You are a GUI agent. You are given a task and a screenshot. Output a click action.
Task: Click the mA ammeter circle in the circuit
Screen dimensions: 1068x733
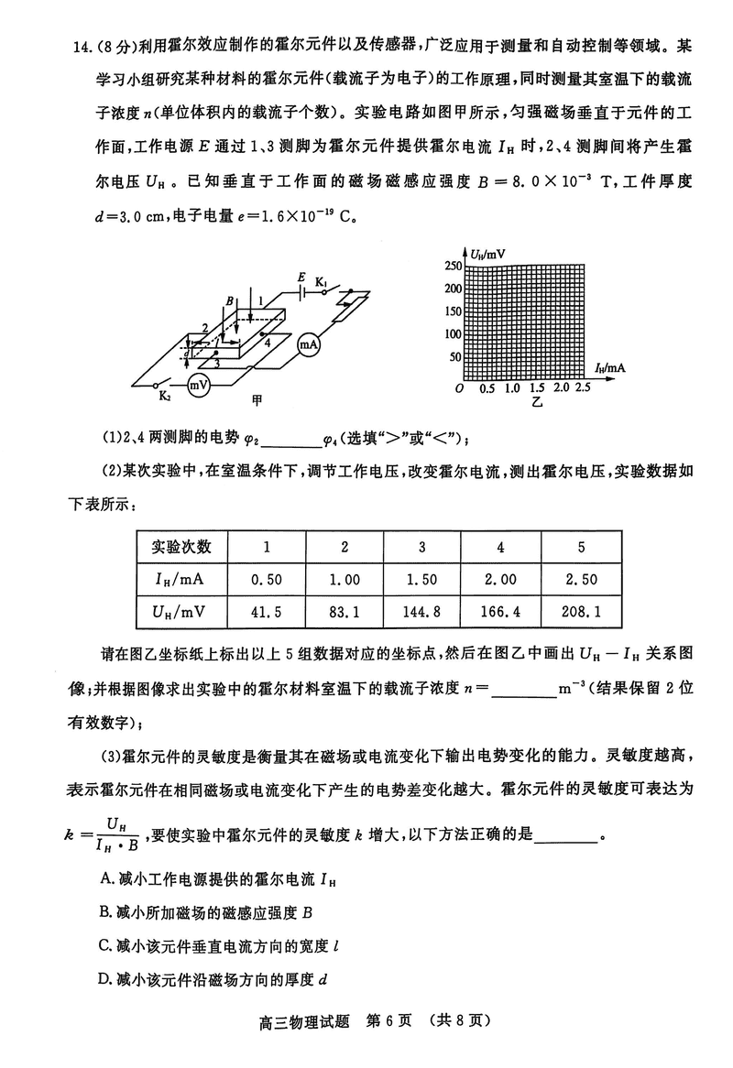point(308,345)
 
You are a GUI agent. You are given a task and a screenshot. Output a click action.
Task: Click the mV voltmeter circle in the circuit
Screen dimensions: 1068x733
point(198,386)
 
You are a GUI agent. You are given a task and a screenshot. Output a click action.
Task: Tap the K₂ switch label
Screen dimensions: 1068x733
point(164,397)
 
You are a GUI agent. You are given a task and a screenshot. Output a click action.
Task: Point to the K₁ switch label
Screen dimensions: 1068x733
point(322,279)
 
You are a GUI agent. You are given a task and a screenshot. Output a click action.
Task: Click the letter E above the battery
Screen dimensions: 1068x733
point(301,277)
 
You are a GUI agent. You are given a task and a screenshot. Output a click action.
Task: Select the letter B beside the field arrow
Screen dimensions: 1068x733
point(230,301)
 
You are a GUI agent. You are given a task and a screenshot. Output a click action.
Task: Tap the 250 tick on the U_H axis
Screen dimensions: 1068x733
point(453,266)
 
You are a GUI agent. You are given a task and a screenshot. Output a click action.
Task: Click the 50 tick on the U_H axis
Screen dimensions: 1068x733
point(455,357)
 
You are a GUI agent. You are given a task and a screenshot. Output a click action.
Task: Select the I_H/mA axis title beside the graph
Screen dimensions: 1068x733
point(610,367)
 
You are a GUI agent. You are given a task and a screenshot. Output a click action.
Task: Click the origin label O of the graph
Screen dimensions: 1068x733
point(460,390)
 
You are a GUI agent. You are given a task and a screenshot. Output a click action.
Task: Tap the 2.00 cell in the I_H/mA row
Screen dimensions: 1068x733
point(500,579)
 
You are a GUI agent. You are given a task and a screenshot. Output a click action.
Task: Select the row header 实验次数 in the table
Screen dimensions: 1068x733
point(181,548)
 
